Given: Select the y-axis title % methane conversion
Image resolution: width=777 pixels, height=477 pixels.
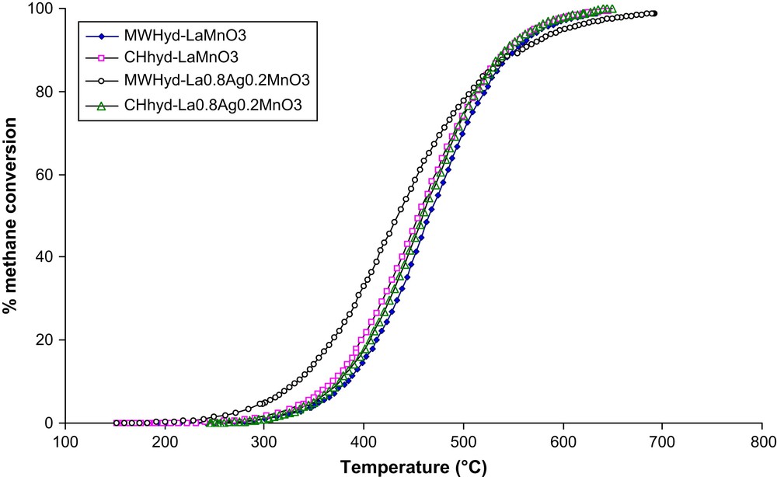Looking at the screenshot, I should pos(11,217).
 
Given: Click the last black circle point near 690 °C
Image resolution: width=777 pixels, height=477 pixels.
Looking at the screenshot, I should pos(654,13).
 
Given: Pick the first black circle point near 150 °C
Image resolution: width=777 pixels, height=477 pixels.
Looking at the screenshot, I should pos(117,423).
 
